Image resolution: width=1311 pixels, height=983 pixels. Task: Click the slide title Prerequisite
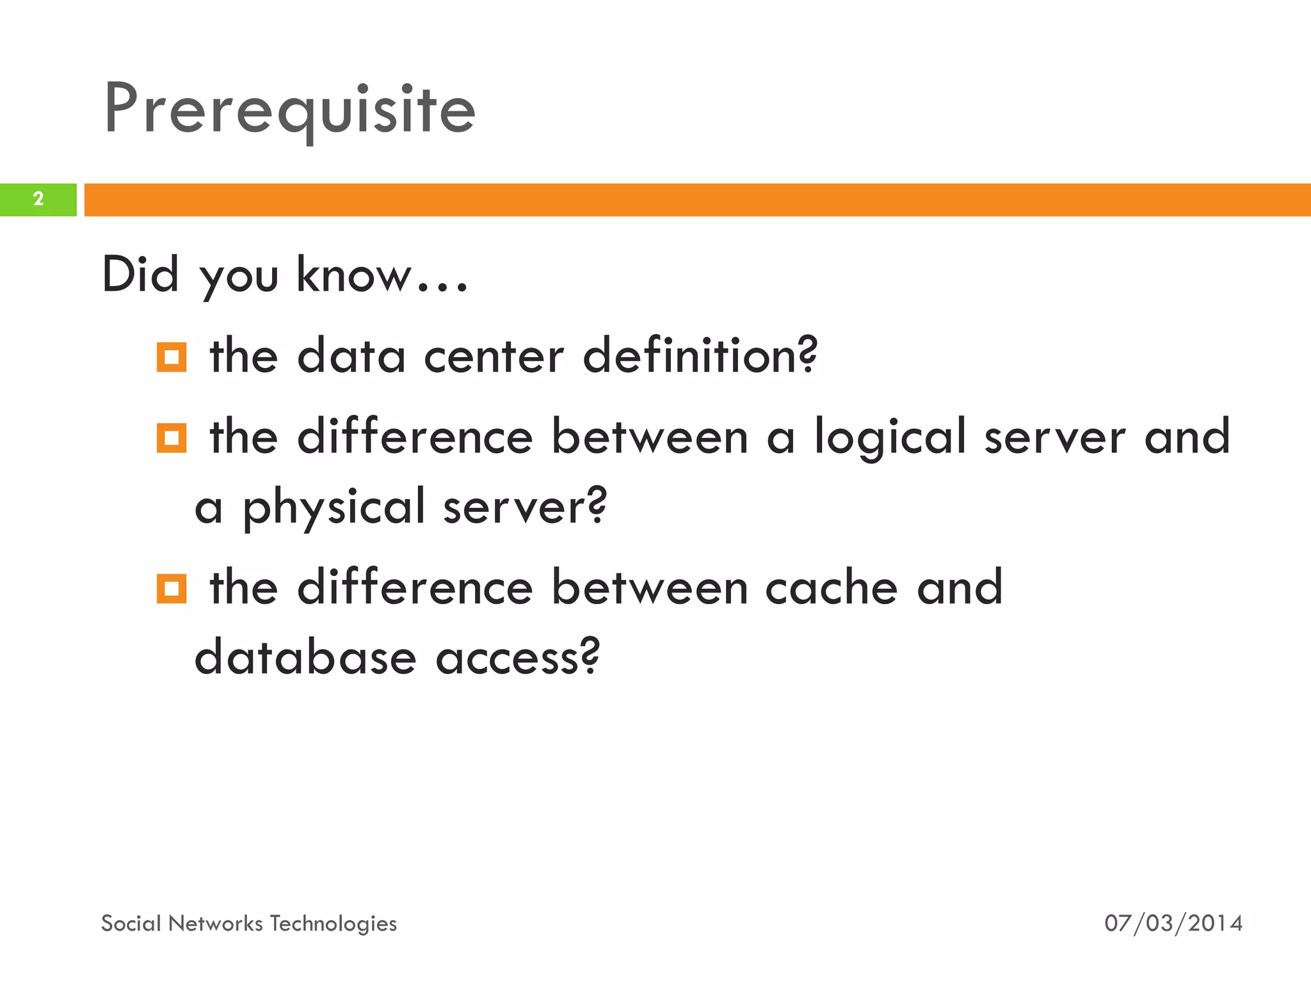point(289,110)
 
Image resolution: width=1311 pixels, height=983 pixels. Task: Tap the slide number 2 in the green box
point(38,199)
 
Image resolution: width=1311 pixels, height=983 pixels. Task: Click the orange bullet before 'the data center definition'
point(172,357)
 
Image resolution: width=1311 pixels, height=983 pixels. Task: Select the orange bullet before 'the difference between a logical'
point(172,438)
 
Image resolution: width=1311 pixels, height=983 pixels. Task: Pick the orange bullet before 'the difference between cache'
point(172,589)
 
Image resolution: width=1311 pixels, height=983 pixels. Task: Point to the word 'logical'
point(890,438)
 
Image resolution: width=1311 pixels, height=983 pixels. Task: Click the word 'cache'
point(832,587)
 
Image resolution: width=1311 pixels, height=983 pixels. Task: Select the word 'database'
point(305,657)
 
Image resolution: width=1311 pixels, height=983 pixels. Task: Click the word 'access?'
point(518,657)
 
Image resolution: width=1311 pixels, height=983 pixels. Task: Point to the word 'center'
point(494,356)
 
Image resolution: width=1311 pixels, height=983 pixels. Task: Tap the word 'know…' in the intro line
point(382,275)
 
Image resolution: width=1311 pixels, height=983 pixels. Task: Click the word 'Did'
point(140,275)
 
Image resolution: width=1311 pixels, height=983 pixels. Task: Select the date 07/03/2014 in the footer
point(1173,923)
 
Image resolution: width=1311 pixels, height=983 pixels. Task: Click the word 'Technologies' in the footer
point(333,923)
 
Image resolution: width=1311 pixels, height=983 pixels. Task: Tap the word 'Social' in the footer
point(131,923)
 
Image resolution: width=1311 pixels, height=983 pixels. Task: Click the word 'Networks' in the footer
point(216,923)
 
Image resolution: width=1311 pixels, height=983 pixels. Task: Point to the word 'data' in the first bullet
point(351,356)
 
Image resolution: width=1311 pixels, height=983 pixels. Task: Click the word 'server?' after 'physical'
point(524,507)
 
